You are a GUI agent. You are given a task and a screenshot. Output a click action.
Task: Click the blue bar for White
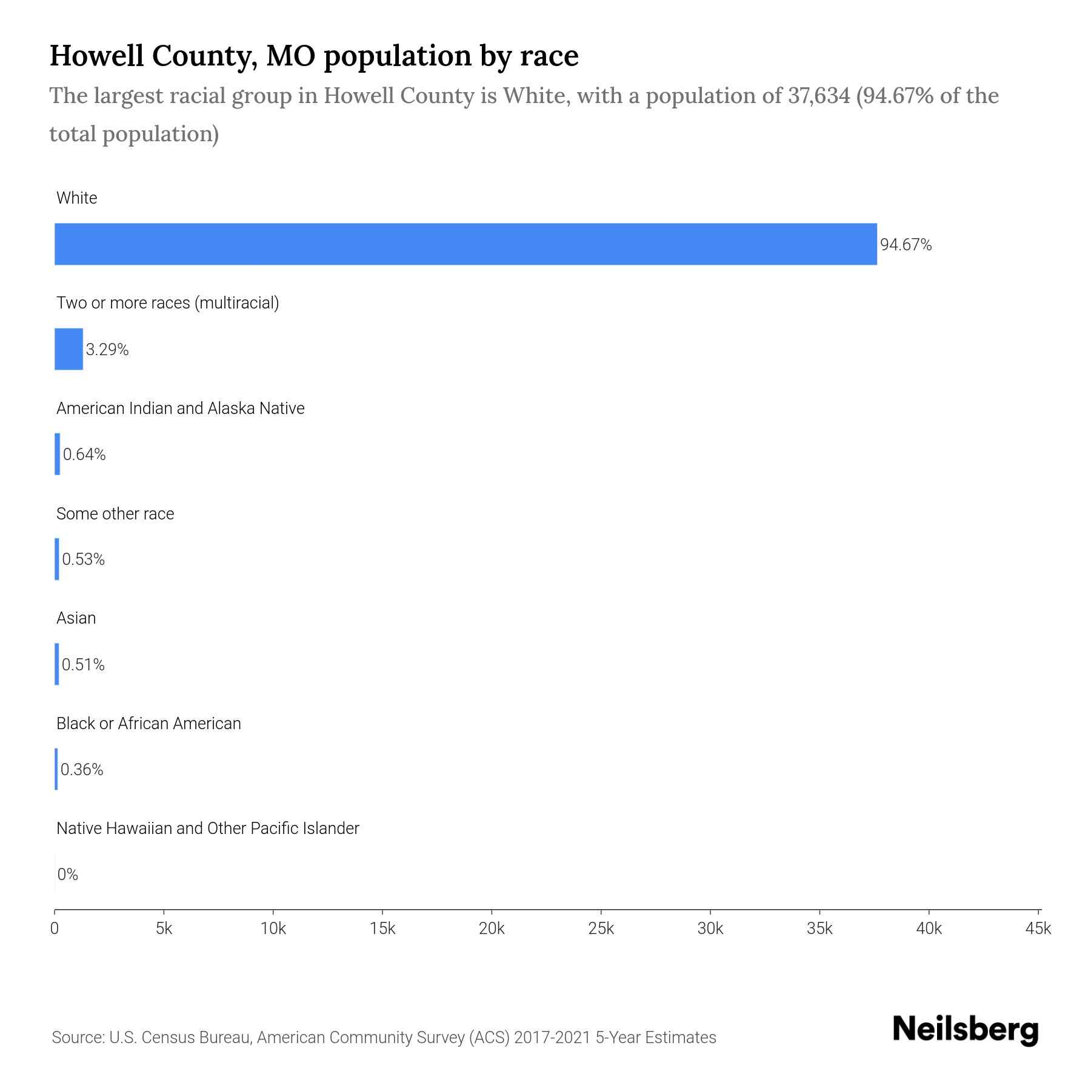465,244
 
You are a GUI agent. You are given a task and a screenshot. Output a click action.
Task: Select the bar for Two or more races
68,349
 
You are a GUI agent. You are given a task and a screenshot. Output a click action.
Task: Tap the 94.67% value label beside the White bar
906,245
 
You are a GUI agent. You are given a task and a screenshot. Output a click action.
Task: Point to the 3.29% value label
107,350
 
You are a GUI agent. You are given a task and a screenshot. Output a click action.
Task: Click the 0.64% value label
84,455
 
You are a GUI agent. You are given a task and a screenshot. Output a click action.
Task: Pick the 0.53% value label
84,559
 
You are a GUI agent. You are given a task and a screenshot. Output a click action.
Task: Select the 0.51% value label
83,665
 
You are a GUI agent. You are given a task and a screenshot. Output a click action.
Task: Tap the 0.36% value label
82,770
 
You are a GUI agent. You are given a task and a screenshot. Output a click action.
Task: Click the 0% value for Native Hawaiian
68,875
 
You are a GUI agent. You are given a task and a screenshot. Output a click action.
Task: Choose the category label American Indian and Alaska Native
180,409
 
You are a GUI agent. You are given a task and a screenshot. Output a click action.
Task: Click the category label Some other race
115,514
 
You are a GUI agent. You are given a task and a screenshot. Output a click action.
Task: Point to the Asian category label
76,618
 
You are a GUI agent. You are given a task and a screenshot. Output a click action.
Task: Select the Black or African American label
148,724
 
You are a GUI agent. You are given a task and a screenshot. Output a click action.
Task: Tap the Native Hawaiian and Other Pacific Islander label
207,829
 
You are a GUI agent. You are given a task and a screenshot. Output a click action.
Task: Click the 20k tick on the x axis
492,929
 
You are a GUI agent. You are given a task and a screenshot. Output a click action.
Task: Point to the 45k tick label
1038,929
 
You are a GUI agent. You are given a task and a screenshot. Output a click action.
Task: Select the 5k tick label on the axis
164,929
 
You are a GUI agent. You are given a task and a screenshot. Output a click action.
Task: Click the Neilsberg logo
966,1030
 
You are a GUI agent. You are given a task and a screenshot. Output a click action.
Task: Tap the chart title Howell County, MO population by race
314,56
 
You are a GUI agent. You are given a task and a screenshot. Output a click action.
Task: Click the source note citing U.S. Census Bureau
384,1038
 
